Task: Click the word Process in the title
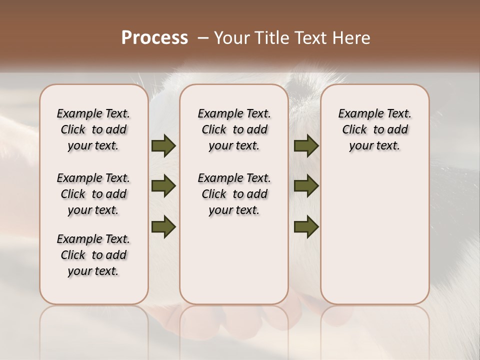tap(154, 38)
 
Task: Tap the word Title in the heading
tap(270, 38)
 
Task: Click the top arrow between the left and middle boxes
tap(163, 145)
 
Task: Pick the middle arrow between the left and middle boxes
tap(163, 186)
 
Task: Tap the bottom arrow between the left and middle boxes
tap(163, 227)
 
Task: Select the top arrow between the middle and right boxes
tap(306, 145)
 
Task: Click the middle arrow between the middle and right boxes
tap(306, 186)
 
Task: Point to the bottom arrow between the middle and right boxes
tap(306, 227)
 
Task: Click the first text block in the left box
tap(93, 129)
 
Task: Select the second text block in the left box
tap(93, 194)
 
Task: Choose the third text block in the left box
tap(93, 255)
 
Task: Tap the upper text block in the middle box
tap(234, 129)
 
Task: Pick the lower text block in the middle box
tap(234, 194)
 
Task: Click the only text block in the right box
tap(375, 129)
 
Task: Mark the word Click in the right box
tap(354, 129)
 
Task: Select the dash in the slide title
tap(203, 38)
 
